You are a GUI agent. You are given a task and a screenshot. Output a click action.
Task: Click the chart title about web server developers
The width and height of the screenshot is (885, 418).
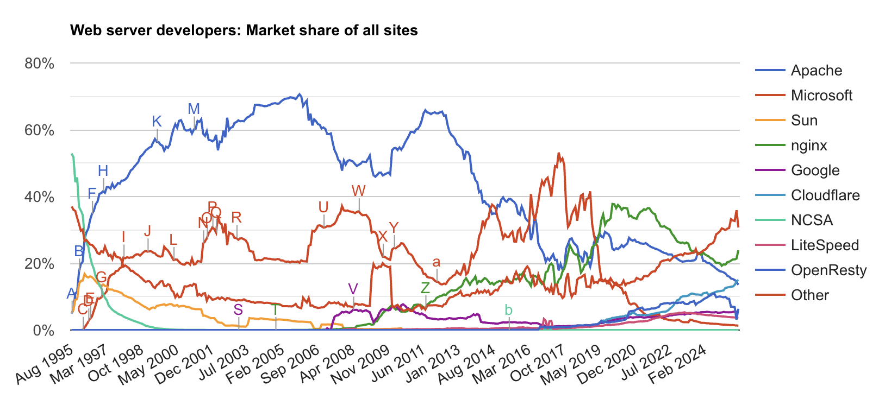pos(244,30)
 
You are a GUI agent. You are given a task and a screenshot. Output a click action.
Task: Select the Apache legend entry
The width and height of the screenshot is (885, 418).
pos(816,71)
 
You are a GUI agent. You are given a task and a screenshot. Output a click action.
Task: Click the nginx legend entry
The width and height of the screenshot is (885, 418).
pos(809,145)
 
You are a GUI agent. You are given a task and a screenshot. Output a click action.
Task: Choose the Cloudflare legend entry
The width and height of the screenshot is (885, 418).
pos(825,195)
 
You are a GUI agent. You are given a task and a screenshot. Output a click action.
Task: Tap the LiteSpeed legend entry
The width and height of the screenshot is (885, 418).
pos(825,245)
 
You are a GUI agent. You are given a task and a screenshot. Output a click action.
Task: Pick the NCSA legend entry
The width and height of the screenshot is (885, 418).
pos(812,220)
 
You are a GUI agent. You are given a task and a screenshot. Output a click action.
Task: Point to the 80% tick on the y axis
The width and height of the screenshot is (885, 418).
pos(40,64)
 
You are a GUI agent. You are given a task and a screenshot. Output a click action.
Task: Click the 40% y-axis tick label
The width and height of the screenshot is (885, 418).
pos(40,198)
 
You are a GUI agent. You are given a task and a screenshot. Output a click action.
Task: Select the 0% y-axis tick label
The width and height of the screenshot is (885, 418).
pos(43,331)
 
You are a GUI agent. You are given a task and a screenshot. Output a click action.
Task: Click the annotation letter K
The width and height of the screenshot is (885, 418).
pos(157,122)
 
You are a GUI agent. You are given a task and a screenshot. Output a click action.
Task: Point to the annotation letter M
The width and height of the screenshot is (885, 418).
pos(194,109)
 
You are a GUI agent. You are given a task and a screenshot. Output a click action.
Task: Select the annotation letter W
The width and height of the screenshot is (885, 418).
pos(358,191)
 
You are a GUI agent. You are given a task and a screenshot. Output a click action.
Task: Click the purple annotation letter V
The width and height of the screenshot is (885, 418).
pos(353,289)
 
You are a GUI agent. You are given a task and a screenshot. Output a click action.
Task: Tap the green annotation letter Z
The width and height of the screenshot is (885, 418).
pos(425,288)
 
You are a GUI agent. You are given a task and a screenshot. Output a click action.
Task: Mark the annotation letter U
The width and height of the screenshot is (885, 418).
pos(323,207)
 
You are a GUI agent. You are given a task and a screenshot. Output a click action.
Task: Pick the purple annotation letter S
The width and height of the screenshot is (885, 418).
pos(238,310)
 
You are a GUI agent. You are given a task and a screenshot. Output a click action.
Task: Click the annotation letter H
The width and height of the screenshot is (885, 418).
pos(103,170)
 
